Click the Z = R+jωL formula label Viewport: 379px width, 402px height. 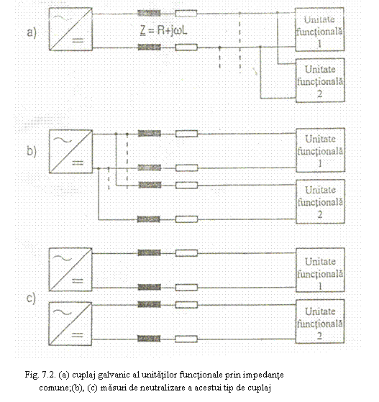click(x=163, y=30)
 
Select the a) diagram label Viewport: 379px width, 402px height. click(x=32, y=33)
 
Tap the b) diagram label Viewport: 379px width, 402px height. click(x=32, y=151)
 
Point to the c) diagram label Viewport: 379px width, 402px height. click(x=31, y=298)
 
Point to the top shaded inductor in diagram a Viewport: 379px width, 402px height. click(x=150, y=14)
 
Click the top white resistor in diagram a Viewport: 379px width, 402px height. click(x=186, y=14)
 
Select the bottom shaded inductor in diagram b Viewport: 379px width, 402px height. click(x=148, y=219)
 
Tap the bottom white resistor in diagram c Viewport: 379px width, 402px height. click(x=186, y=339)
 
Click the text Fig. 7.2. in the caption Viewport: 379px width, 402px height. click(x=40, y=375)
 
